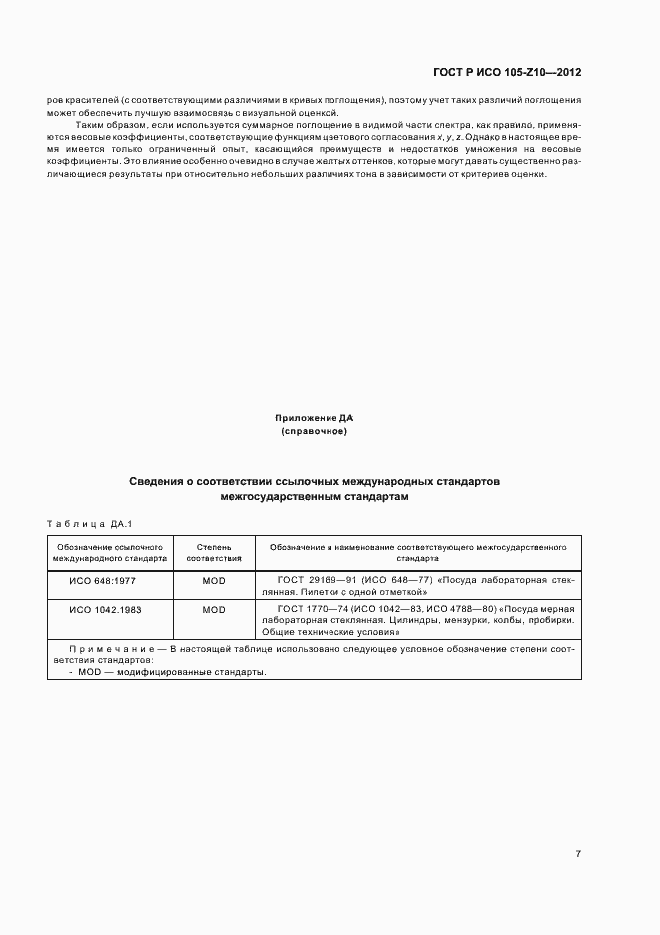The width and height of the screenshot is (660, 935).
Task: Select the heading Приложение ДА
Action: coord(315,417)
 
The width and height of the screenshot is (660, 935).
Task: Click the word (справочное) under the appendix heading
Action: coord(315,431)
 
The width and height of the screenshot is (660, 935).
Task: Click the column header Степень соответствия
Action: coord(214,553)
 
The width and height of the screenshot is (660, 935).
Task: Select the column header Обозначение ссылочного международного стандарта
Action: coord(110,553)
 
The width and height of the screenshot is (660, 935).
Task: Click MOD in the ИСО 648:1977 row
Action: coord(214,580)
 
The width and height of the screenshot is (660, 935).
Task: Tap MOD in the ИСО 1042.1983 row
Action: coord(214,609)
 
